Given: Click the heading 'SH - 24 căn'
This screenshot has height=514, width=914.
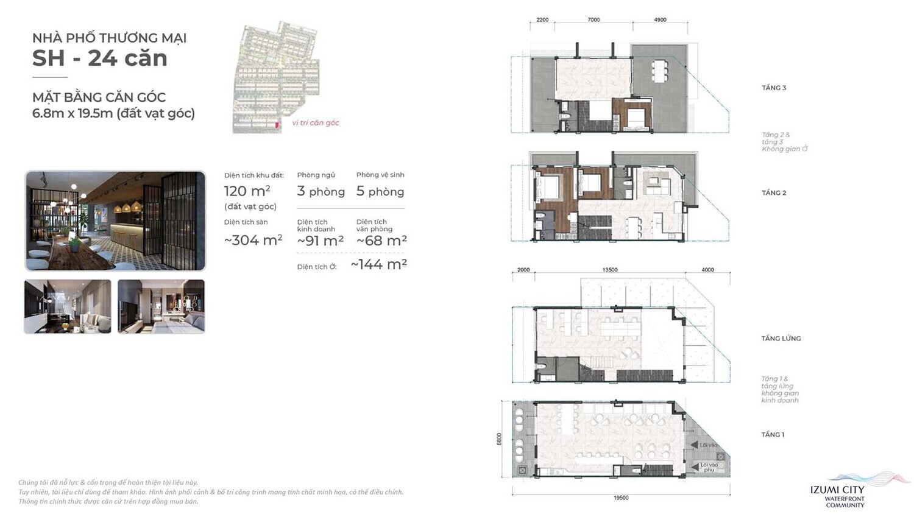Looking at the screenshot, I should point(99,58).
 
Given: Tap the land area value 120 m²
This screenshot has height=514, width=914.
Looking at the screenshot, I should point(247,191).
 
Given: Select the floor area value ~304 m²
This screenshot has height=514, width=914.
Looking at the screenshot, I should point(253,240).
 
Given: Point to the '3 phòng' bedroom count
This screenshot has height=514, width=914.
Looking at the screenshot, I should point(321,191).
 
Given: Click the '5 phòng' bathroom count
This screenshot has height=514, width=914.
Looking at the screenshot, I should point(380,191).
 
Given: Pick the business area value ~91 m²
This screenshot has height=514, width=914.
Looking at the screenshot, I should point(321,241).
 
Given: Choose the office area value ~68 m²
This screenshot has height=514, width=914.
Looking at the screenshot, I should point(381,241).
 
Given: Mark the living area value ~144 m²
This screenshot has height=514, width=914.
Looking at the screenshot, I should point(378,264).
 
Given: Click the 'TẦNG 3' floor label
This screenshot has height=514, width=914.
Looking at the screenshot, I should point(774,88).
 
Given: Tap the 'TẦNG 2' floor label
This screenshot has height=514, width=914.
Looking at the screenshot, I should point(774,192).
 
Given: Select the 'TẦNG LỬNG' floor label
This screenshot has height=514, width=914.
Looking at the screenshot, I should point(781,338).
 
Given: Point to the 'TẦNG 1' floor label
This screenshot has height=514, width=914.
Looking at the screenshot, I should point(773,434).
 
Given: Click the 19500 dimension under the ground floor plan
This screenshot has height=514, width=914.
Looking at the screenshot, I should point(621,498).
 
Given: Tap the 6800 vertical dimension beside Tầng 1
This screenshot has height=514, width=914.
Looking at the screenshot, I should point(499,439).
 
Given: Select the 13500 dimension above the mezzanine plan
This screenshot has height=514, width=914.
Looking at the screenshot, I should point(609,270).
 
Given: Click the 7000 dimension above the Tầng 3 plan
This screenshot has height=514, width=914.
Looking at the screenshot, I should point(593,20).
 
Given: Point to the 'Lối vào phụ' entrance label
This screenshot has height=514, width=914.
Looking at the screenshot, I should point(709,467).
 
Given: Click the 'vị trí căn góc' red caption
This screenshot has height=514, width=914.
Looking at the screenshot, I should point(315,122).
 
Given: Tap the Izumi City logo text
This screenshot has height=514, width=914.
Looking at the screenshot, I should point(837,490).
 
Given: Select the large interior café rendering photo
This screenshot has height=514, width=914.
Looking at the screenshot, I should point(115,220).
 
